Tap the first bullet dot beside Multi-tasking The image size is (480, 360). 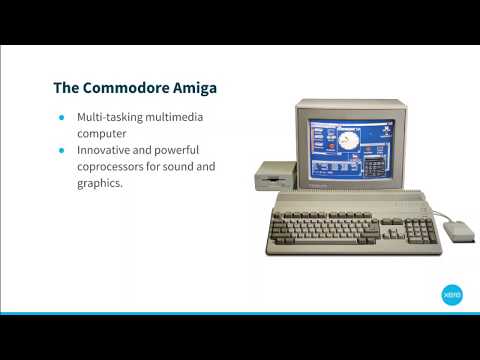(x=62, y=117)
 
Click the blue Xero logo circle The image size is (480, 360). (x=451, y=295)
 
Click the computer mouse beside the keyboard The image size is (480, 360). (x=459, y=230)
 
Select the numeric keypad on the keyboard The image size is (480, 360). (x=422, y=231)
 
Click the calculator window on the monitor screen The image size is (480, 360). (x=374, y=161)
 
